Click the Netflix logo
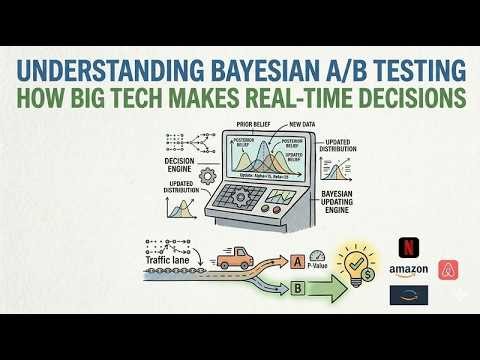[x=407, y=246]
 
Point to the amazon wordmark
[x=408, y=270]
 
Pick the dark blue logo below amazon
[x=407, y=294]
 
